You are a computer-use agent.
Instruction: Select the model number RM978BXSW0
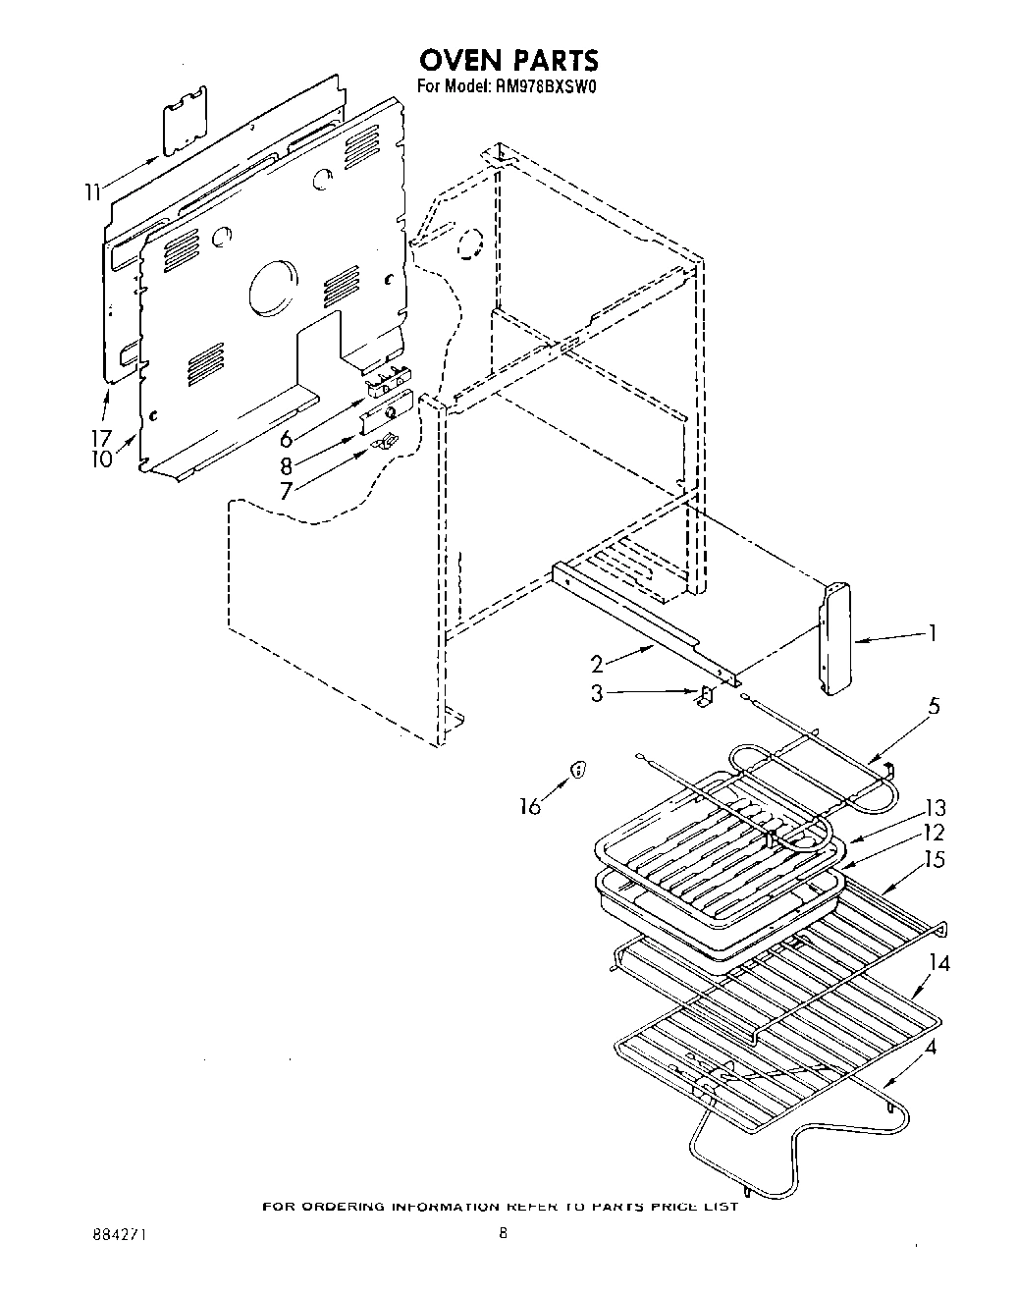pyautogui.click(x=542, y=86)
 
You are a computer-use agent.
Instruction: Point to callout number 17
pyautogui.click(x=101, y=437)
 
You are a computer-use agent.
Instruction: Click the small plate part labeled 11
pyautogui.click(x=184, y=120)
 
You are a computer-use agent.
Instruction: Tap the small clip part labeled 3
pyautogui.click(x=704, y=696)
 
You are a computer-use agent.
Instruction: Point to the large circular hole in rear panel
pyautogui.click(x=271, y=288)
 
